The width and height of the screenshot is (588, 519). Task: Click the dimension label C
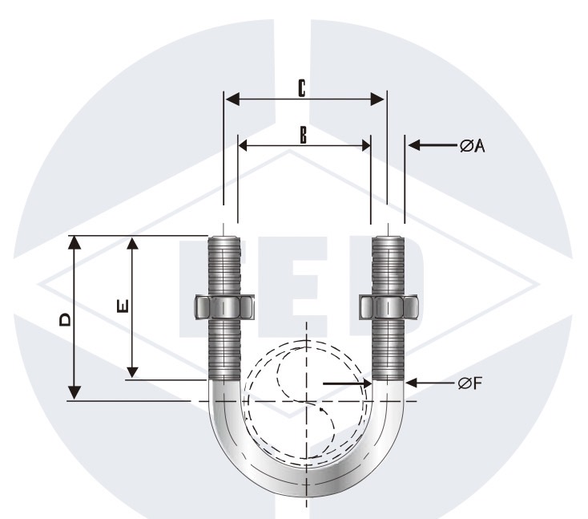coord(301,88)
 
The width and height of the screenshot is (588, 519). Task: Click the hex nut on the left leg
coord(224,307)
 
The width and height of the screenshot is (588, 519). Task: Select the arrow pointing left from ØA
coord(417,145)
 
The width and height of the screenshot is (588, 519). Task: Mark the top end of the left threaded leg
coord(224,238)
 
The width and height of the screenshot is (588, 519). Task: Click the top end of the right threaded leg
coord(389,238)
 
